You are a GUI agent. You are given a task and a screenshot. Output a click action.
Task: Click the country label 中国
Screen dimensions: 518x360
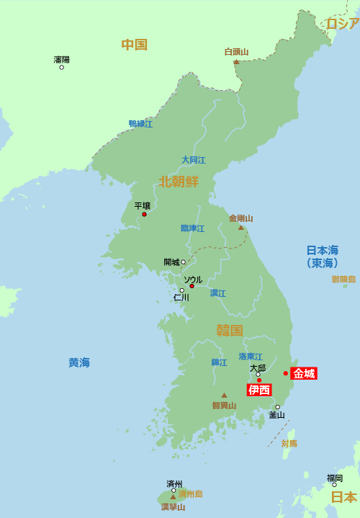point(134,45)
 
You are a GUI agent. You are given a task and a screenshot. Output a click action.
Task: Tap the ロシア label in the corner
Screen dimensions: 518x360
point(342,24)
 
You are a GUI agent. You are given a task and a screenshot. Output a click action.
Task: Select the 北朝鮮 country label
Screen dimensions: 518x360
point(179,181)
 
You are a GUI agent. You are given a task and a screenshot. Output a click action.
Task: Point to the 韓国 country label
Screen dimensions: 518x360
point(230,331)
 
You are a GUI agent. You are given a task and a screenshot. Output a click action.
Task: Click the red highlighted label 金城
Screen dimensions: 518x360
point(304,373)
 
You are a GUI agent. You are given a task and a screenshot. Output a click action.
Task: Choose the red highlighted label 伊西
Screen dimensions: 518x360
point(259,390)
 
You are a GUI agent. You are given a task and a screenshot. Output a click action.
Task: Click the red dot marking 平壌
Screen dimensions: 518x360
point(144,214)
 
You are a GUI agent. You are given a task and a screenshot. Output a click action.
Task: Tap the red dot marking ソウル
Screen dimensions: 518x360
point(192,286)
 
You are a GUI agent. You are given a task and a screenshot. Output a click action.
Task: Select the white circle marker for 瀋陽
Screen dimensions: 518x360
point(61,67)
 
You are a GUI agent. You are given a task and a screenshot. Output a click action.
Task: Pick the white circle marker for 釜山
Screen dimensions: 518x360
point(277,407)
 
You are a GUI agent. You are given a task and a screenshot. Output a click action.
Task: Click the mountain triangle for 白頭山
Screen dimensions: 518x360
point(236,62)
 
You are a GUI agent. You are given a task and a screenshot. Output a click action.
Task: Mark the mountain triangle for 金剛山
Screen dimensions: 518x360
point(241,228)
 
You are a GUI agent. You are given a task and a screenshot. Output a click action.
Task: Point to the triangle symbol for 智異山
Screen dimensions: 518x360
point(224,395)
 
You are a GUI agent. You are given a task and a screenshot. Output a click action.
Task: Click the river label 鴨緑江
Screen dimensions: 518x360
point(140,124)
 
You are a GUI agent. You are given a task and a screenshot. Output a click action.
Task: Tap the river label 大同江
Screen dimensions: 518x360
point(193,160)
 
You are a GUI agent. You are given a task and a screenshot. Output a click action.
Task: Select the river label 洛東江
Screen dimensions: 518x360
point(251,357)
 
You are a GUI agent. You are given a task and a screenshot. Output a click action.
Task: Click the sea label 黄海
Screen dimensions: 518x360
point(79,363)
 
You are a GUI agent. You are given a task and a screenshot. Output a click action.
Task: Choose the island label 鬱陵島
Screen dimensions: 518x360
point(343,279)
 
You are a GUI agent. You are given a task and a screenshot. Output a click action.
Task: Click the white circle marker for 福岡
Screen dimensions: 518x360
point(334,485)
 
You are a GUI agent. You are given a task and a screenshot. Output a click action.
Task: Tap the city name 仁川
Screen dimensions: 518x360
point(181,298)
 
